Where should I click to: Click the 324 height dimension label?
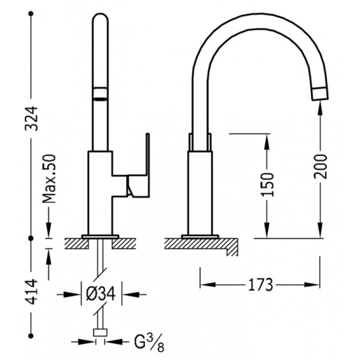(31, 118)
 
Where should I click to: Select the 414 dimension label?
(31, 292)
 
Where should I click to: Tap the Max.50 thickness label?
(49, 179)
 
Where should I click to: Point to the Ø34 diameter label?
(101, 294)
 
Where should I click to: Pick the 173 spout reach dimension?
(260, 284)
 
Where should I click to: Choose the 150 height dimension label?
(268, 185)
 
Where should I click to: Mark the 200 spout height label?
(320, 166)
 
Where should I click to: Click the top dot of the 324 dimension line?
(31, 14)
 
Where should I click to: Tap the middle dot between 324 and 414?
(31, 238)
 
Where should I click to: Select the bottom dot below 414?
(31, 336)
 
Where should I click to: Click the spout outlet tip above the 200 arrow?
(320, 94)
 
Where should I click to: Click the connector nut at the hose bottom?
(100, 332)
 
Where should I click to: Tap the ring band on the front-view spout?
(100, 94)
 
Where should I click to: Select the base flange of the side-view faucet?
(200, 237)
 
